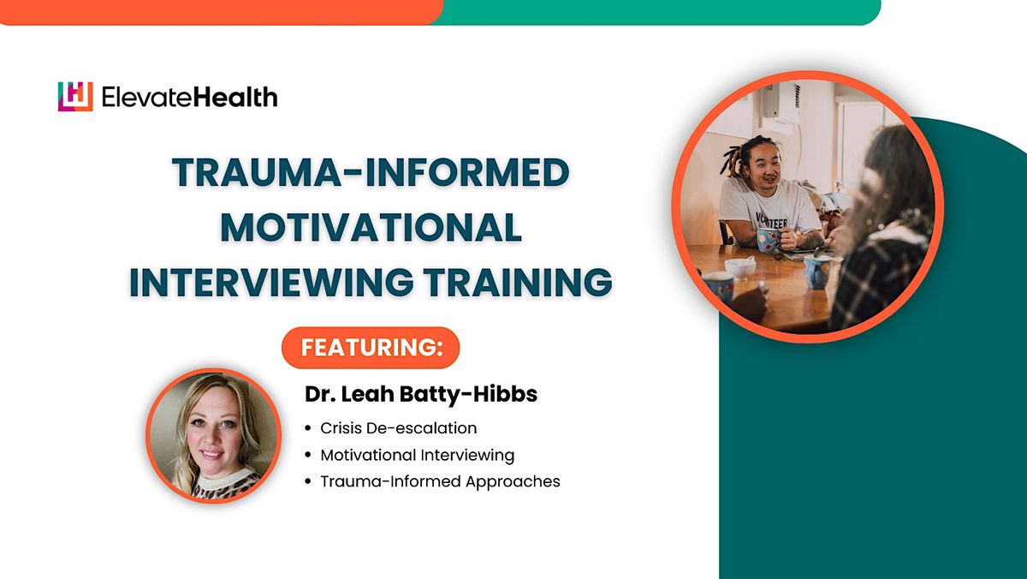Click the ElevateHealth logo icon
point(74,97)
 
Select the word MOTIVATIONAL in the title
point(371,229)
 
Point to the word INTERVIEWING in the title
point(268,283)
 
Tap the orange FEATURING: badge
point(371,348)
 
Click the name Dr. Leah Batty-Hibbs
point(421,395)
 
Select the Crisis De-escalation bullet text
point(398,427)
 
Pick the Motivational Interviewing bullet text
point(417,455)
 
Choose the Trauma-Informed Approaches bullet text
point(440,481)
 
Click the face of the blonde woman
point(211,428)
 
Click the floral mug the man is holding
point(767,239)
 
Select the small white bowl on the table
point(739,267)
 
